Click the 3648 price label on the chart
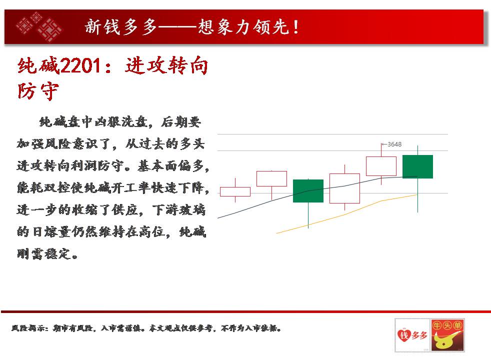pos(394,144)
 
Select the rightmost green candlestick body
pos(417,166)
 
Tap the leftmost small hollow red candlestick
pos(235,191)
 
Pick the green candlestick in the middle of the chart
pos(308,191)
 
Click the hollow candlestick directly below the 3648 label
pos(381,166)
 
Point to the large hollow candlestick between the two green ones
pos(344,188)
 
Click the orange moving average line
pos(347,214)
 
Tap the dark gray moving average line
pos(317,189)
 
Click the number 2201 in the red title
pos(80,66)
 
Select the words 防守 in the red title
pos(38,91)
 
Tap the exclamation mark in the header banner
pos(296,27)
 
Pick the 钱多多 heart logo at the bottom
pos(412,335)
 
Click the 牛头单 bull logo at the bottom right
pos(447,335)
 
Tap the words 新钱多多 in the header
pos(120,27)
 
